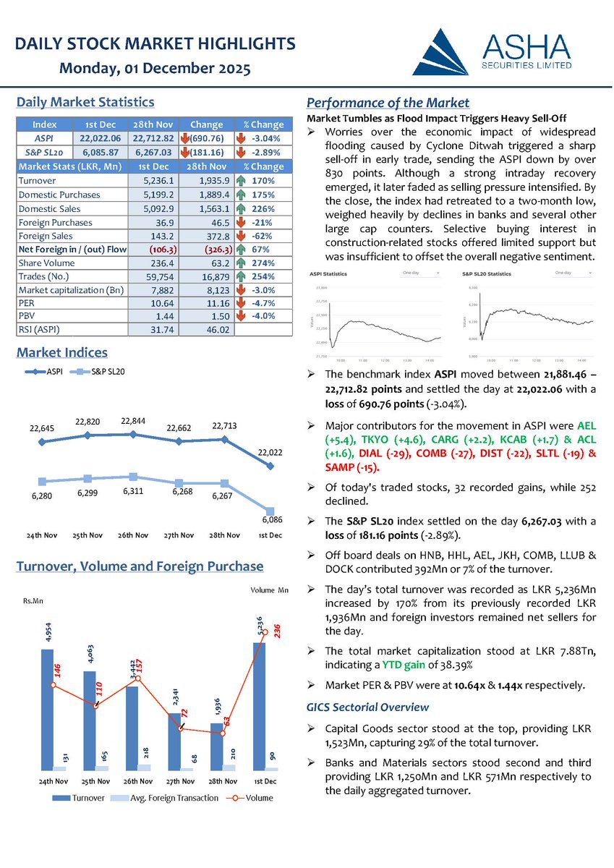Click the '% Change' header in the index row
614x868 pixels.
coord(263,124)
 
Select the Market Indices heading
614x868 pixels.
coord(61,353)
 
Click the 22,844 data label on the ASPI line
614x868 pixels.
coord(134,420)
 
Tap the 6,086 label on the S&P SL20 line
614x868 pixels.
coord(269,519)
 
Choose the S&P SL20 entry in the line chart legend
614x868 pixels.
coord(101,372)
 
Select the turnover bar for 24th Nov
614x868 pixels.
coord(47,709)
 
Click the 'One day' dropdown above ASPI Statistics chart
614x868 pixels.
coord(421,273)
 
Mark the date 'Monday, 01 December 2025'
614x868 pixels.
coord(155,69)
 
